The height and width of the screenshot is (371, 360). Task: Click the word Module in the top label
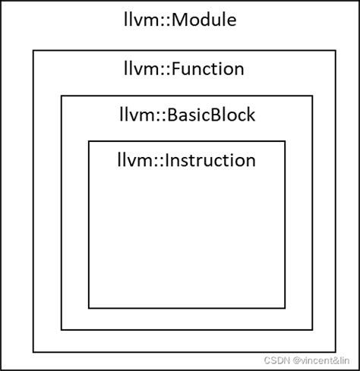[204, 20]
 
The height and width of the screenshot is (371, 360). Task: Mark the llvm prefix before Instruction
[130, 161]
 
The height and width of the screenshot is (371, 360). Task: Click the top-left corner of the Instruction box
[89, 141]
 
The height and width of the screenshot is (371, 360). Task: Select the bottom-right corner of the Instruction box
[285, 308]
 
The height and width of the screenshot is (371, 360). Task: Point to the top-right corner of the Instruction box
[285, 141]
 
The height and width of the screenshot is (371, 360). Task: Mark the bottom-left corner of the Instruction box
[89, 308]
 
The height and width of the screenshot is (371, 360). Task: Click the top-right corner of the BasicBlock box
[312, 96]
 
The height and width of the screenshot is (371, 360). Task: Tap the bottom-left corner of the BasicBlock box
[62, 329]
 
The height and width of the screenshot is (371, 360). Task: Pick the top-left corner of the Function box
[33, 51]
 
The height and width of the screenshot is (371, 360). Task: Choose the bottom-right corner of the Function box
[335, 352]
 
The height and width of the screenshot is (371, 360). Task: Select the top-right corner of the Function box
[335, 51]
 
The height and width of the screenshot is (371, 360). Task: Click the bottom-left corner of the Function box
[33, 352]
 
